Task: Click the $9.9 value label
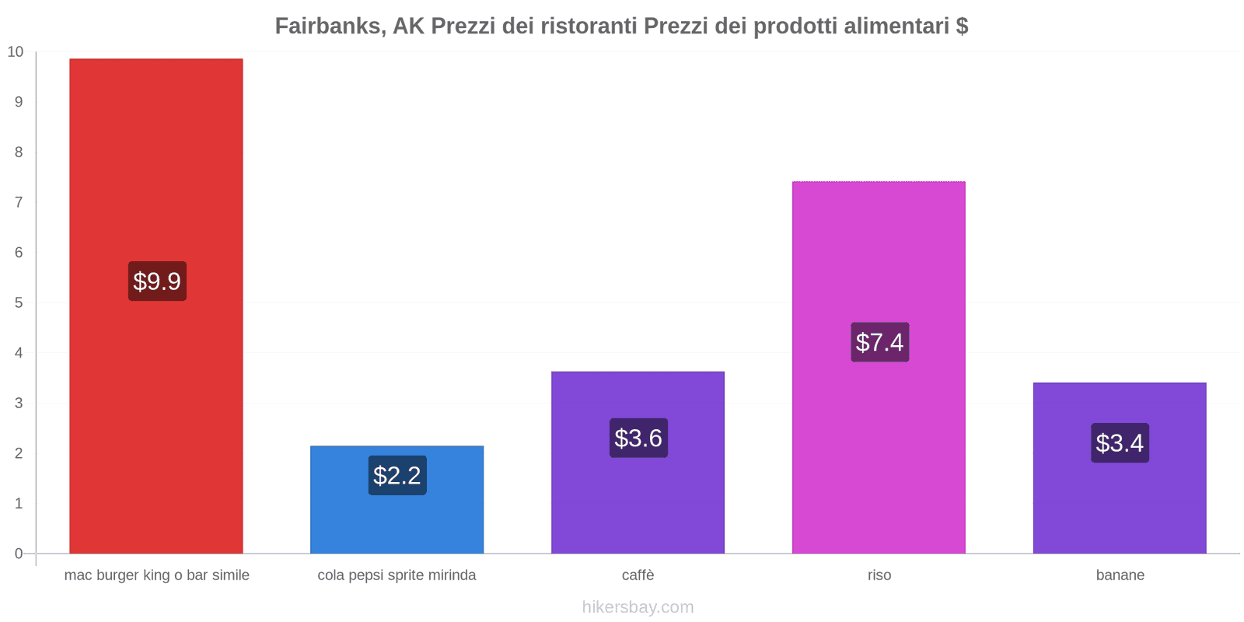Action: click(x=157, y=281)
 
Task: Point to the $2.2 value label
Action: click(x=397, y=475)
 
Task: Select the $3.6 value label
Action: click(x=638, y=439)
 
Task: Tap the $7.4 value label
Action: click(x=879, y=342)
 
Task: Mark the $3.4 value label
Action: click(x=1120, y=443)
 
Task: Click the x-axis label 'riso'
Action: click(x=879, y=575)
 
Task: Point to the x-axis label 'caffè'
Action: click(x=638, y=575)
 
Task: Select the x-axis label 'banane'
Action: click(x=1120, y=575)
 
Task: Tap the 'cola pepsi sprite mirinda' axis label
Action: click(x=397, y=575)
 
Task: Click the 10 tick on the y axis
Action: click(x=16, y=52)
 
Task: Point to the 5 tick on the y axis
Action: click(x=19, y=303)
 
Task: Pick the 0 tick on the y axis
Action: click(x=19, y=554)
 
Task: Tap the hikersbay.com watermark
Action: click(x=638, y=607)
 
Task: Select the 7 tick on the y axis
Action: click(x=19, y=202)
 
